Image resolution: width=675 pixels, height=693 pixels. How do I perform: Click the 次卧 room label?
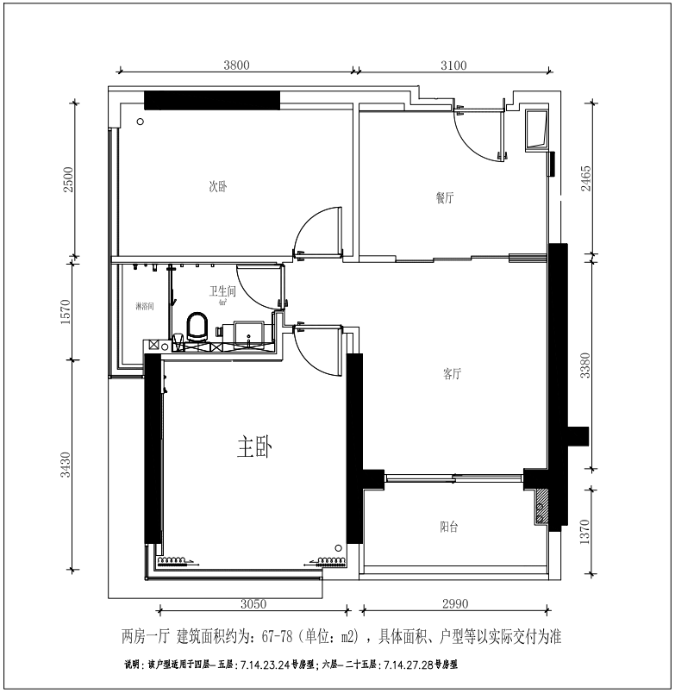point(217,186)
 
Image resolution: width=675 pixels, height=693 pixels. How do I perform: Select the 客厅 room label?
point(453,374)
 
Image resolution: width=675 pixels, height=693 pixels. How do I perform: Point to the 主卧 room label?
point(254,447)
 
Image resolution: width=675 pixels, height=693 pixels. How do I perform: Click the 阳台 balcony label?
point(448,527)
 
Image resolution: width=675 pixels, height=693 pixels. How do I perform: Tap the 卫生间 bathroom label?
point(222,292)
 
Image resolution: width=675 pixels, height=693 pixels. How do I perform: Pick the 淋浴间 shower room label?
point(144,307)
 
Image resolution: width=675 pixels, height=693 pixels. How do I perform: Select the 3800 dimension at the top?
point(236,65)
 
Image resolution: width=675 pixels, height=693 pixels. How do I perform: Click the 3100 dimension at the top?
point(453,65)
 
